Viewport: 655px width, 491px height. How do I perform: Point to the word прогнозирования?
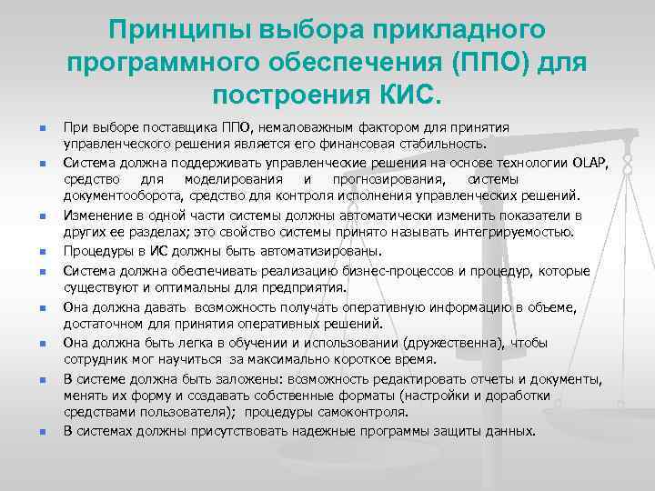[379, 178]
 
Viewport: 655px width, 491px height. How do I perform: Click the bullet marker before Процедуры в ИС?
[30, 251]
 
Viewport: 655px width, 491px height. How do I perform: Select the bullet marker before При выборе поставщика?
[30, 127]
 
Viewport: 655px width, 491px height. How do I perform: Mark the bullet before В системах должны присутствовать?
[30, 431]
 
